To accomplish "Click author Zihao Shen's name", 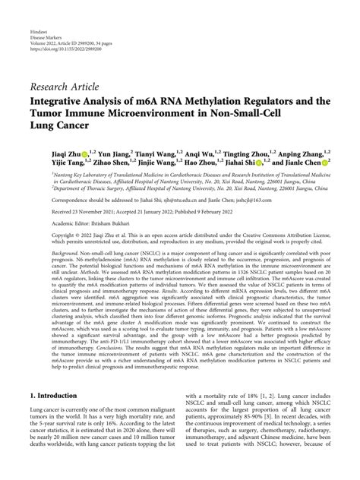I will tap(115, 163).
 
